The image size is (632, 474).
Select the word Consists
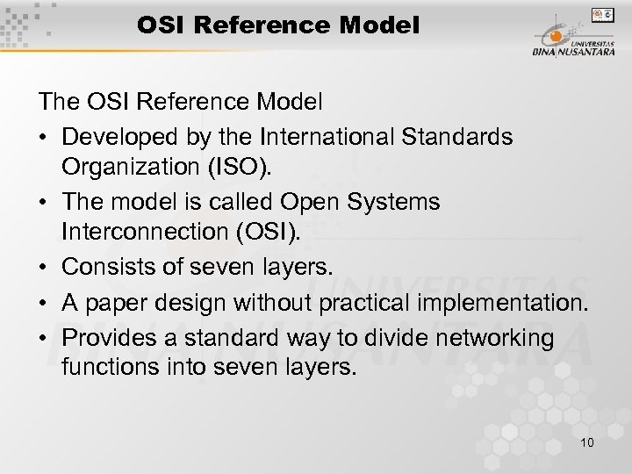point(105,264)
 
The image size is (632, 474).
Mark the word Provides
point(104,338)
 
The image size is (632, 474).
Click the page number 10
point(586,442)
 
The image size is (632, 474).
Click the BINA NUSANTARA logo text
point(573,51)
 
